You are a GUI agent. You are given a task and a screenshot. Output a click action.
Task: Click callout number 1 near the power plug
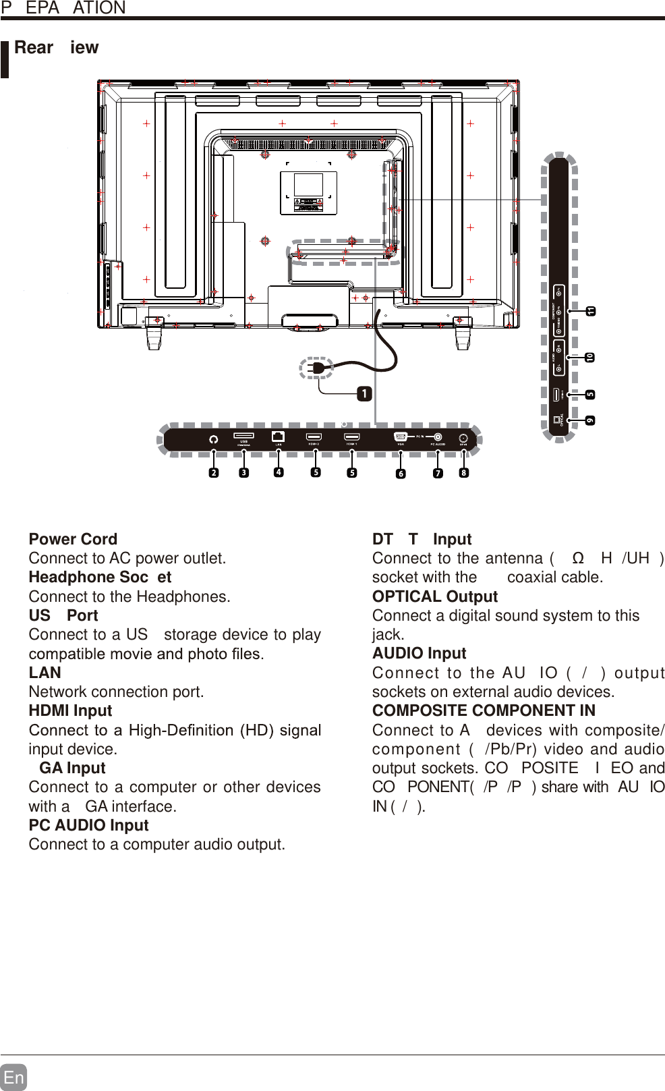point(364,393)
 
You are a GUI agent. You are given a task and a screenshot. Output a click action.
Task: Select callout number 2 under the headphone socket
point(214,473)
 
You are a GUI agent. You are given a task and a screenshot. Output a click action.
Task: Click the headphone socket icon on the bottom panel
point(214,439)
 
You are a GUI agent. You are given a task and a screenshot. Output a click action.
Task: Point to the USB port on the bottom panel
point(243,436)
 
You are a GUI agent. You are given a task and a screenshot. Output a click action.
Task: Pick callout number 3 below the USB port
point(244,473)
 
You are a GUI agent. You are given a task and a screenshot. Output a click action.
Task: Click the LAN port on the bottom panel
point(278,437)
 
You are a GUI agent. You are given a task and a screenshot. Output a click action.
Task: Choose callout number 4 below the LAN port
point(279,472)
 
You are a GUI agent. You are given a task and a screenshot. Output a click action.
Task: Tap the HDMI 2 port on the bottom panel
point(314,437)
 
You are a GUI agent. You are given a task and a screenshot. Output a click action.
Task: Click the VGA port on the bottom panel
point(401,437)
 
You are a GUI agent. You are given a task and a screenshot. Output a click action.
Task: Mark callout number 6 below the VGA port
point(401,474)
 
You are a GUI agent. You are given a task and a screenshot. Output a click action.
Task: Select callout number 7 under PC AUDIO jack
point(438,474)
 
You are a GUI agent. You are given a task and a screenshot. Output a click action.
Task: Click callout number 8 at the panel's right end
point(463,473)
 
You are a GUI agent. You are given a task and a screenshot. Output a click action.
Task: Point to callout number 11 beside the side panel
point(590,311)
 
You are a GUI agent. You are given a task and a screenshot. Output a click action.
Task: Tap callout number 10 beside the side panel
point(590,357)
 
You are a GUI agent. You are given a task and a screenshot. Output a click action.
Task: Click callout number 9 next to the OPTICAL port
point(590,420)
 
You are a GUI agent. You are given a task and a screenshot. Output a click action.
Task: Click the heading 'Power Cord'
point(73,539)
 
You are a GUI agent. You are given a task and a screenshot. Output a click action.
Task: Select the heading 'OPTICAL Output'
point(435,596)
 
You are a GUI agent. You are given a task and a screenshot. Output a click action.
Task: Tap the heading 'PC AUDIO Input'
point(88,825)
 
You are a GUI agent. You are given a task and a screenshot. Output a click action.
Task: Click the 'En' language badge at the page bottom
point(13,1077)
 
